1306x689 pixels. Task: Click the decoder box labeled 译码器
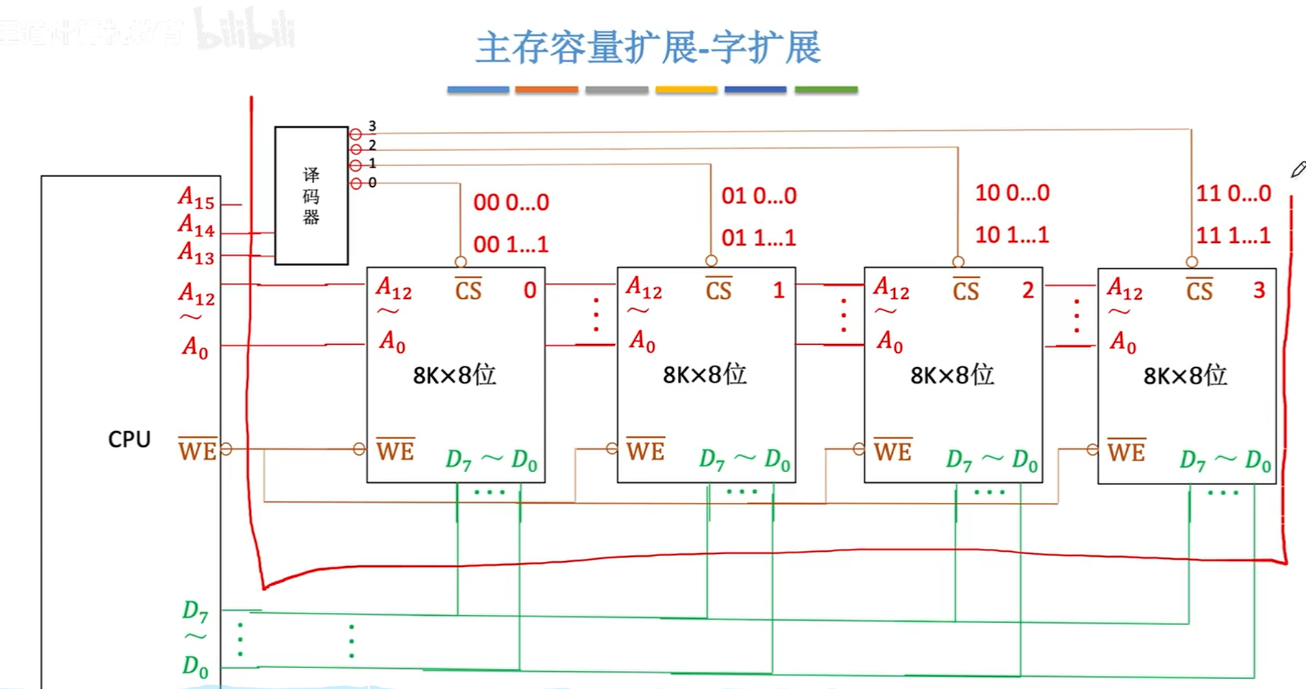tap(311, 195)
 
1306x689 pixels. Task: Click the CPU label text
tap(129, 439)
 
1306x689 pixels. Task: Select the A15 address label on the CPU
tap(196, 198)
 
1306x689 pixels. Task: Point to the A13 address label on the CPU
tap(196, 253)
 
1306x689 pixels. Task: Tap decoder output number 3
tap(372, 126)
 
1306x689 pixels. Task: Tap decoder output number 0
tap(372, 183)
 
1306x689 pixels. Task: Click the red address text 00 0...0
tap(511, 203)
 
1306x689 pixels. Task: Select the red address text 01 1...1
tap(759, 238)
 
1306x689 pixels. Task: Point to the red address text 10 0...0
tap(1012, 193)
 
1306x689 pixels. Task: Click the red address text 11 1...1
tap(1233, 235)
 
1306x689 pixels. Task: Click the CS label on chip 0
tap(468, 290)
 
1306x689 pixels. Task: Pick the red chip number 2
tap(1028, 290)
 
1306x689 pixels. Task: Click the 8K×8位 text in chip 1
tap(704, 374)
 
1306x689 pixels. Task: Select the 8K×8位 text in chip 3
tap(1185, 375)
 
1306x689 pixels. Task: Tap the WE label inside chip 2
tap(893, 450)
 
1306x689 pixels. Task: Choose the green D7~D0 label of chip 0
tap(491, 460)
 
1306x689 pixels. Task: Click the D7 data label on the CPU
tap(195, 611)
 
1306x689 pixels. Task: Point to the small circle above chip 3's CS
tap(1192, 262)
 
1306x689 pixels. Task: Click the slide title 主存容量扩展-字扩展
tap(648, 48)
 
